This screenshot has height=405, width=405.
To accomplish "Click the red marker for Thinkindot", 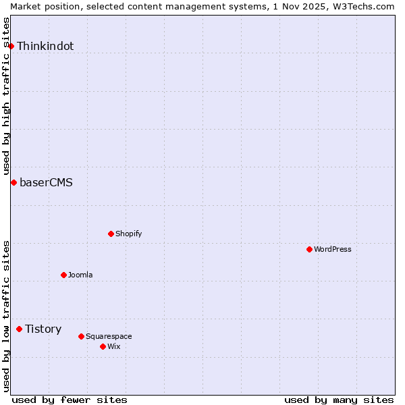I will point(11,46).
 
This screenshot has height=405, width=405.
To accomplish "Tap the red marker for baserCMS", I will point(13,182).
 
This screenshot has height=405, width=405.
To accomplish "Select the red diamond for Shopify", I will point(111,234).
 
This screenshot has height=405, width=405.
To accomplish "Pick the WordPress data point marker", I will point(309,249).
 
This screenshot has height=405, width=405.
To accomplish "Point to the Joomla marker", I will point(63,275).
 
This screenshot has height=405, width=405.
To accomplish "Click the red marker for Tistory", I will point(20,329).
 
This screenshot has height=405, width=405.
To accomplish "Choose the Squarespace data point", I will point(81,336).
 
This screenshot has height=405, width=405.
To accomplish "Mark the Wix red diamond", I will point(103,346).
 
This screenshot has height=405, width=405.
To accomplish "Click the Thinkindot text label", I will point(45,46).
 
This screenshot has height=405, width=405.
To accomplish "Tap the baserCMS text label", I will point(46,182).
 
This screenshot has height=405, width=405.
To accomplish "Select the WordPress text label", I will point(333,249).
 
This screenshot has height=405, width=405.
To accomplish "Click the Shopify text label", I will point(128,234).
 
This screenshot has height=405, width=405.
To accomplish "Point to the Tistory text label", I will point(43,329).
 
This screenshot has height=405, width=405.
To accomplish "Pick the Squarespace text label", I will point(109,336).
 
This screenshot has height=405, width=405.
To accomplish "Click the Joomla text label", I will point(80,275).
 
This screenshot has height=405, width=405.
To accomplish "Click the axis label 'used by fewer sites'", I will point(70,400).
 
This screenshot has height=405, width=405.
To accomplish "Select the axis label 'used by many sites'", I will point(339,400).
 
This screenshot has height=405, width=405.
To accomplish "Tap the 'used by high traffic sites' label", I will point(6,96).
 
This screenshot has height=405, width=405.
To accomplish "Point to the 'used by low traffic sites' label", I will point(6,316).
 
